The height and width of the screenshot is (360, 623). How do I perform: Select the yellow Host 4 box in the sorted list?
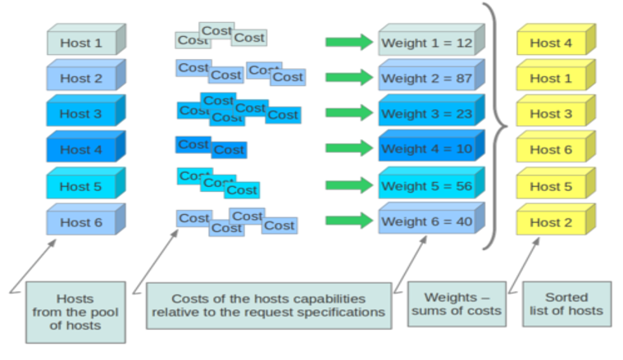point(557,39)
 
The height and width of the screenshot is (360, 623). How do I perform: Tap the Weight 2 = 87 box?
point(431,75)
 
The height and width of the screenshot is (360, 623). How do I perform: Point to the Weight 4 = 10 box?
point(431,145)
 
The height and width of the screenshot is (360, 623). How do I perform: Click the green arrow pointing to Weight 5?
point(349,185)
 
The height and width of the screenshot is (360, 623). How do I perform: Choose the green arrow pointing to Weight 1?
point(349,42)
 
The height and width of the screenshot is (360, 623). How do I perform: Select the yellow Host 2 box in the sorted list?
point(557,219)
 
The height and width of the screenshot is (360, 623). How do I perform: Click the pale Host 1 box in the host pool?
point(86,39)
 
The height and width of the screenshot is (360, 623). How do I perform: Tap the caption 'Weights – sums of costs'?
point(457,304)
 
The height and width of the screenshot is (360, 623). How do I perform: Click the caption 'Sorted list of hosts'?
point(566,304)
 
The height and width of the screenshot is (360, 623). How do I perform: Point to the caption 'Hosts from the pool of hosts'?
point(75,312)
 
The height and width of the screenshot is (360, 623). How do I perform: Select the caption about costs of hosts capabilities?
point(269,306)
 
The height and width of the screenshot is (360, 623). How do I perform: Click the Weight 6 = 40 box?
point(431,218)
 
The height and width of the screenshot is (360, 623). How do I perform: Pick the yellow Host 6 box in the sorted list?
point(557,146)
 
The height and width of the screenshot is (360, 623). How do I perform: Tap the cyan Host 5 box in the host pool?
point(86,183)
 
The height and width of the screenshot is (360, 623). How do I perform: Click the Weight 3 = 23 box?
point(431,110)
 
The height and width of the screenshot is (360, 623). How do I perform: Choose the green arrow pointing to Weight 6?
point(349,221)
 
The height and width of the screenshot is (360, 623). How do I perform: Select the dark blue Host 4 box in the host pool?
point(86,146)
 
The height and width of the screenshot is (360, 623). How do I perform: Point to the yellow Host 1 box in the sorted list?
point(557,75)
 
